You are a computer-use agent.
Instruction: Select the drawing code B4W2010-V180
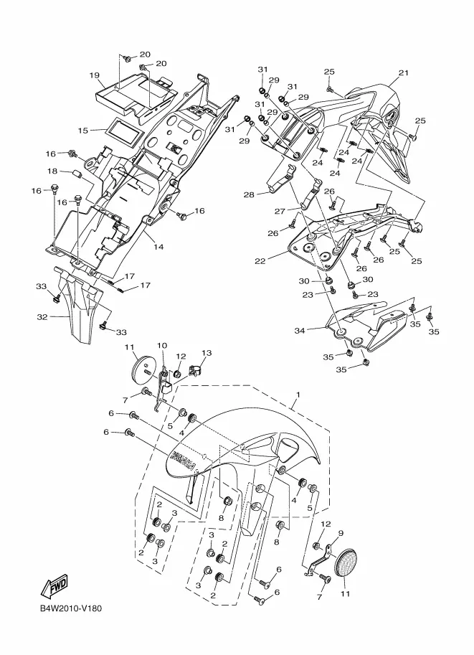pos(71,608)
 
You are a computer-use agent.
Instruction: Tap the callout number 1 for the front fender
pos(298,395)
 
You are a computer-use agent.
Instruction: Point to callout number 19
pos(95,75)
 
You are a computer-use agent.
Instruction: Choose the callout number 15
pos(82,131)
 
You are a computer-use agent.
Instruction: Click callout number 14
pos(158,247)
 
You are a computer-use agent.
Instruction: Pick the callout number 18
pos(52,171)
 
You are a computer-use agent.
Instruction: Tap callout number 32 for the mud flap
pos(42,317)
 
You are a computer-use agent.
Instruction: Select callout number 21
pos(403,72)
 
